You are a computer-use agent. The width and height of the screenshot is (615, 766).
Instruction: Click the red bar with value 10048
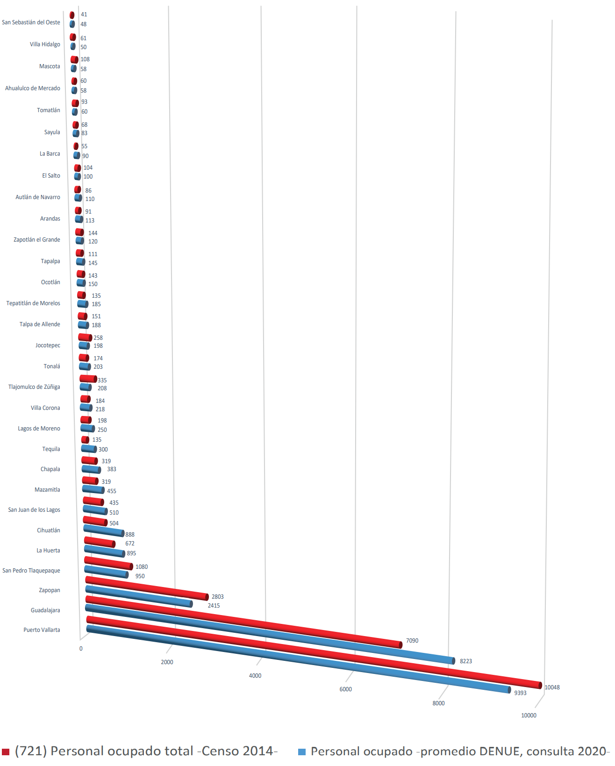pyautogui.click(x=313, y=652)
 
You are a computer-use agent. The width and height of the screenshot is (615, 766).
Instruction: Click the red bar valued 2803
pyautogui.click(x=147, y=588)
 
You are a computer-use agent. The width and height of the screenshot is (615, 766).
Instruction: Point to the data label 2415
pyautogui.click(x=214, y=606)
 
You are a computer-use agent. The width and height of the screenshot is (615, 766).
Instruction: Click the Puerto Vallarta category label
pyautogui.click(x=42, y=630)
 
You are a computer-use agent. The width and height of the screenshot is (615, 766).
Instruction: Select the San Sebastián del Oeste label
pyautogui.click(x=31, y=22)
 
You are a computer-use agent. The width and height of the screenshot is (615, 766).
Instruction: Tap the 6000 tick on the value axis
pyautogui.click(x=345, y=689)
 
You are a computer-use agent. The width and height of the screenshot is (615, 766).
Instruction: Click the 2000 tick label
pyautogui.click(x=167, y=662)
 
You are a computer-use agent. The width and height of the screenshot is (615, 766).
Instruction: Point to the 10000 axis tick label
pyautogui.click(x=529, y=716)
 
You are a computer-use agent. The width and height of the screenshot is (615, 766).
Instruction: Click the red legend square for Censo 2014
pyautogui.click(x=6, y=752)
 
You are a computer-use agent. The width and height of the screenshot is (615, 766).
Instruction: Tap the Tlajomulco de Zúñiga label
pyautogui.click(x=34, y=387)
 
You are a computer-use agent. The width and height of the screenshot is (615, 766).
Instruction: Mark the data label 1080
pyautogui.click(x=142, y=567)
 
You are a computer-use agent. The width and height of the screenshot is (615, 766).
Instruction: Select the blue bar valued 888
pyautogui.click(x=104, y=531)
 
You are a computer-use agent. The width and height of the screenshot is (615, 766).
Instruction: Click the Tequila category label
pyautogui.click(x=51, y=449)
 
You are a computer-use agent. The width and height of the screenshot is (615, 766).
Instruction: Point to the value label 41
pyautogui.click(x=84, y=14)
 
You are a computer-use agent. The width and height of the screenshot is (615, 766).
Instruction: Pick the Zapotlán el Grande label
pyautogui.click(x=36, y=240)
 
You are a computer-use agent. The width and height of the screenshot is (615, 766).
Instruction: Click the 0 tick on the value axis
pyautogui.click(x=81, y=649)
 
